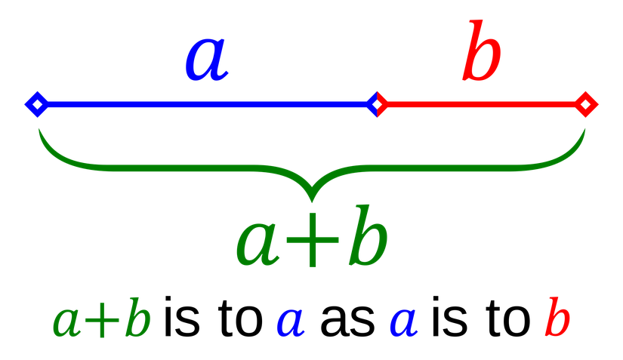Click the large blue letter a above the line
pos(205,60)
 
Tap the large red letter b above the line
pos(481,53)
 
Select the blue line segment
pos(204,104)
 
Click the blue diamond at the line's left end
pos(35,104)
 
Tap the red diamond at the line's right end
pos(586,104)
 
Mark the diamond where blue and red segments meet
pos(377,104)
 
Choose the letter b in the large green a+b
pos(368,240)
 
